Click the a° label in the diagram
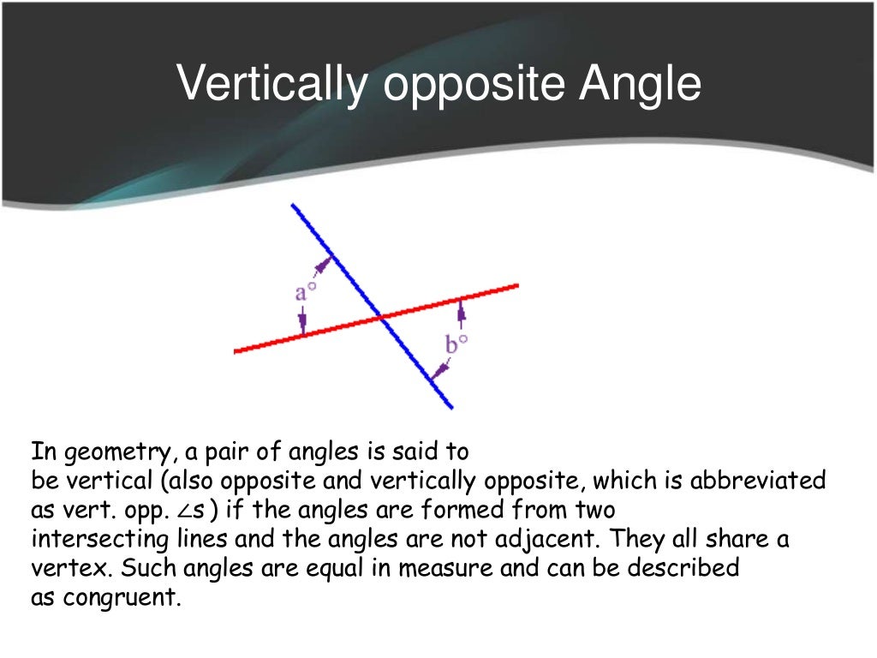306,293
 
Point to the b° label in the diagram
457,344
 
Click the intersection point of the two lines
380,318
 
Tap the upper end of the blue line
294,206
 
